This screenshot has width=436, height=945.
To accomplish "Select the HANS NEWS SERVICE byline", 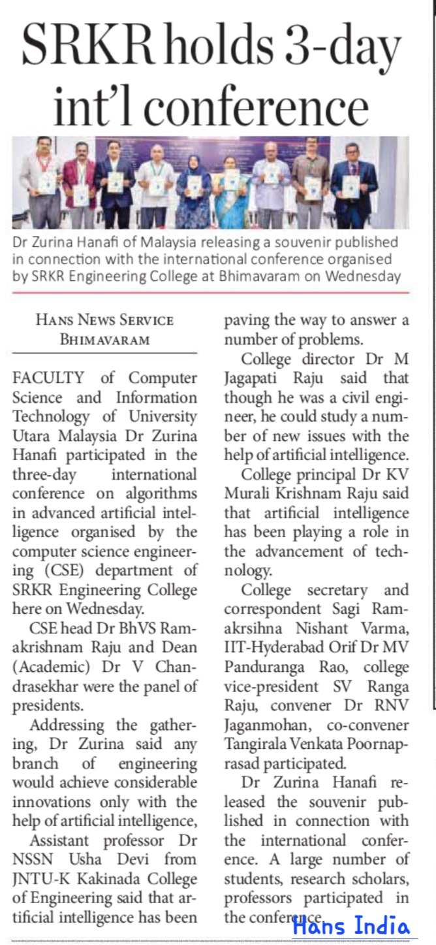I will coord(104,320).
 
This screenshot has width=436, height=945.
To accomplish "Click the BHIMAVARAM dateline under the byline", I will coord(104,340).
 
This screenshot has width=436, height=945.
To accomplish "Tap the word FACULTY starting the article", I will coord(50,378).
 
